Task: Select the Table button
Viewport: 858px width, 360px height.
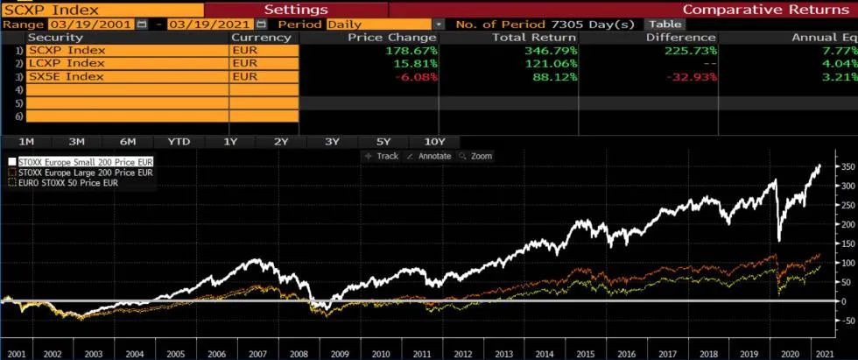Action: coord(665,24)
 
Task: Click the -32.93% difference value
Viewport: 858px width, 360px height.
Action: coord(691,76)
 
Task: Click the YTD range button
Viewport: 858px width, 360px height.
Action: coord(179,141)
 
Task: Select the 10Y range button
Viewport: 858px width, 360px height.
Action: coord(434,141)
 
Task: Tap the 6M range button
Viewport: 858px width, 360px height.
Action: coord(128,141)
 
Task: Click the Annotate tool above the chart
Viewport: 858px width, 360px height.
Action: coord(431,156)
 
